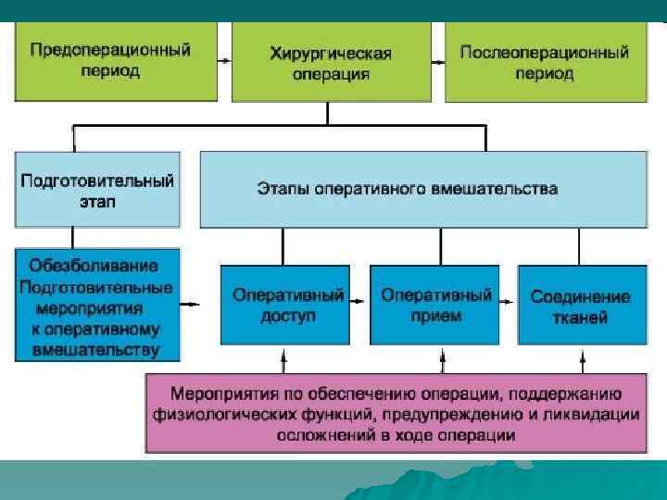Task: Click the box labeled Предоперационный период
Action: coord(116,61)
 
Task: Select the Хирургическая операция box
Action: coord(331,62)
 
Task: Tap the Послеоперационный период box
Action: coord(544,61)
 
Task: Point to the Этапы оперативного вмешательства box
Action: coord(422,189)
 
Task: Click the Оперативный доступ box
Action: coord(288,305)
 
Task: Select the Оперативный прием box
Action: coord(435,305)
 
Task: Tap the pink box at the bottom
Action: coord(395,412)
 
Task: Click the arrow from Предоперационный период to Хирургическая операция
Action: coord(224,60)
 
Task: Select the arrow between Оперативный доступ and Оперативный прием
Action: coord(359,303)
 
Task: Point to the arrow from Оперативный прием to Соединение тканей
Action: coord(508,303)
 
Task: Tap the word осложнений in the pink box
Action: coord(316,434)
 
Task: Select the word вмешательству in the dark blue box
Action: coord(95,351)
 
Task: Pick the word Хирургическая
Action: coord(331,53)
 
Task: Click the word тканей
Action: coord(581,317)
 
